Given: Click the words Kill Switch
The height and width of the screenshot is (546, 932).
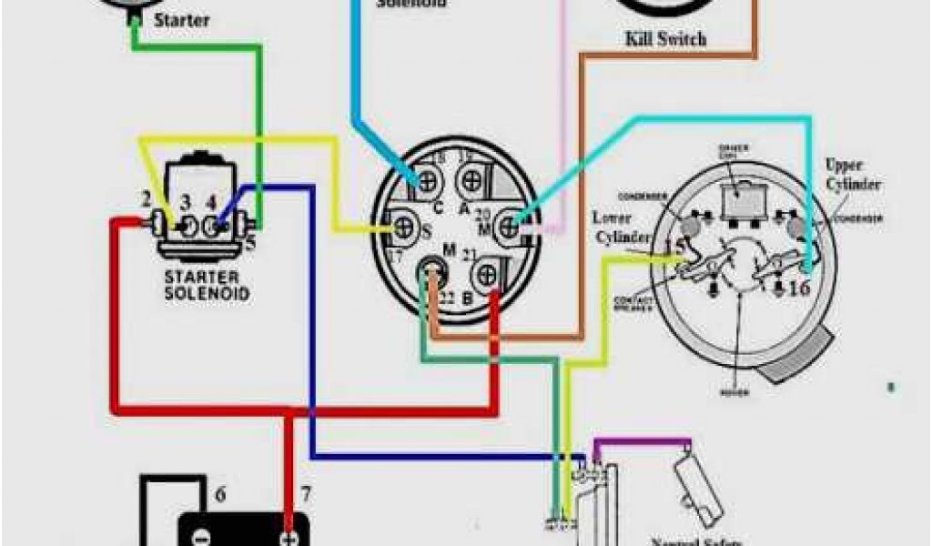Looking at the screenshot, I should (665, 39).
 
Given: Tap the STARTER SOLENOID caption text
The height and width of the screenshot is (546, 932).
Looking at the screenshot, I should (207, 285).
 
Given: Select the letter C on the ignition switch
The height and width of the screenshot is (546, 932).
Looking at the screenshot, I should (437, 207).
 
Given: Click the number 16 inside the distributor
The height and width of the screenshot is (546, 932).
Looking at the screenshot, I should (797, 288).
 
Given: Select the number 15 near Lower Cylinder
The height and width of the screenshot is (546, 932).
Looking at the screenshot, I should (677, 247).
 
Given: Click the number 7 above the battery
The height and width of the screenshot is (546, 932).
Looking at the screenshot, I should (306, 495).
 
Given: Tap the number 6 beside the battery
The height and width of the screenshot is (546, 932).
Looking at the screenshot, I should (219, 496).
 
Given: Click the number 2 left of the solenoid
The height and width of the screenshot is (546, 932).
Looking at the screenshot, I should (145, 198).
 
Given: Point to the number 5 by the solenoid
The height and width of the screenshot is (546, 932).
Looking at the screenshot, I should (249, 243).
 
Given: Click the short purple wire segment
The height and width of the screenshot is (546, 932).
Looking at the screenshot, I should (642, 442).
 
